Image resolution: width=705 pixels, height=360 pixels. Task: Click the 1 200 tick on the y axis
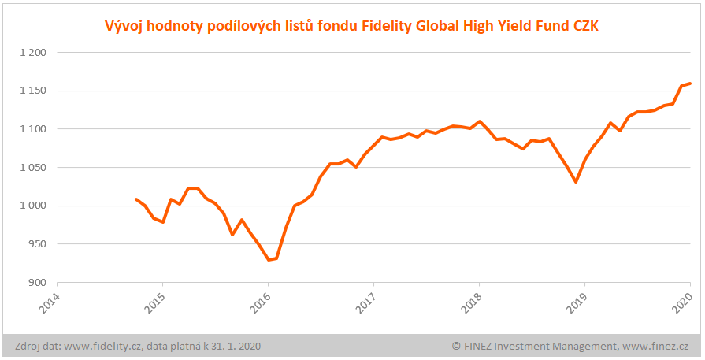[32, 53]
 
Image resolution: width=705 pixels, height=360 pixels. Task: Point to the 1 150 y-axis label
[32, 91]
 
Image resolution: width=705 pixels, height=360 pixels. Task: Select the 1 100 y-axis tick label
[32, 129]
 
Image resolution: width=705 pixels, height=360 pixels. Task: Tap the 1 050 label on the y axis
[32, 168]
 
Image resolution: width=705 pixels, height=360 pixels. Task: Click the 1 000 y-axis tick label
[32, 206]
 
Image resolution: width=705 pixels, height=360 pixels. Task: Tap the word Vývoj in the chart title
[124, 27]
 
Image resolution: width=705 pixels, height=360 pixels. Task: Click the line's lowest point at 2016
[269, 260]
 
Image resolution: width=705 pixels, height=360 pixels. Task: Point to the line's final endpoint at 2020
[690, 83]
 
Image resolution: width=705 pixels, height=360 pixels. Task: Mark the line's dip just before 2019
[576, 182]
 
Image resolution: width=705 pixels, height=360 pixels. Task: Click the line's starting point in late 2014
[136, 199]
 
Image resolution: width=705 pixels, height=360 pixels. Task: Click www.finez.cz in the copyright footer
[655, 346]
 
